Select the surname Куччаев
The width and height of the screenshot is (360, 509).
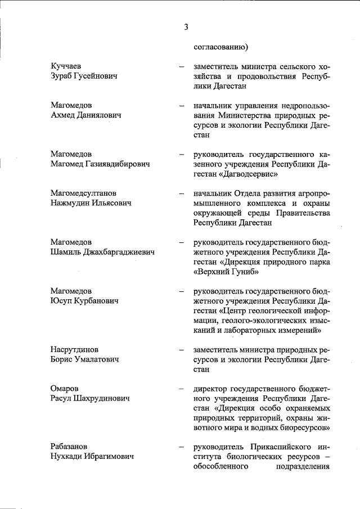point(67,67)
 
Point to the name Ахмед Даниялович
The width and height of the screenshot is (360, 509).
point(86,115)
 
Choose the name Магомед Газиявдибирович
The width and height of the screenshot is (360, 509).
point(100,164)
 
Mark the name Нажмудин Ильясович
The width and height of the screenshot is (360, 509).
point(91,203)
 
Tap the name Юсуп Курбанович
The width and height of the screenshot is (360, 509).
point(84,301)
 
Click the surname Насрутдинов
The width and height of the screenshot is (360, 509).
point(78,349)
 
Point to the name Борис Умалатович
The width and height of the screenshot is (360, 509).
point(84,359)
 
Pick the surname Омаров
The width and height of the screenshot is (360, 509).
point(65,389)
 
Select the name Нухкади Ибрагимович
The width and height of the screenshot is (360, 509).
point(92,457)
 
